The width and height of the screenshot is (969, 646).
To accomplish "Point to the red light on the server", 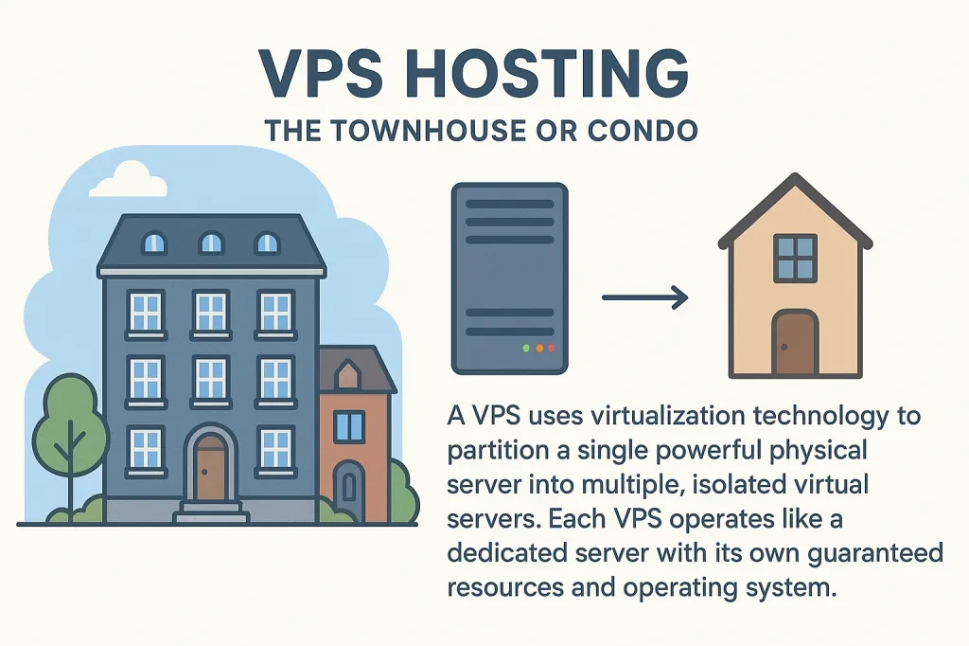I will (553, 349).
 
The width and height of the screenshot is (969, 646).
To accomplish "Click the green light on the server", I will (525, 349).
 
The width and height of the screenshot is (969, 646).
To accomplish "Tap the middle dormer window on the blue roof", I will (211, 243).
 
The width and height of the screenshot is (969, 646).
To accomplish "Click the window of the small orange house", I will (349, 427).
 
